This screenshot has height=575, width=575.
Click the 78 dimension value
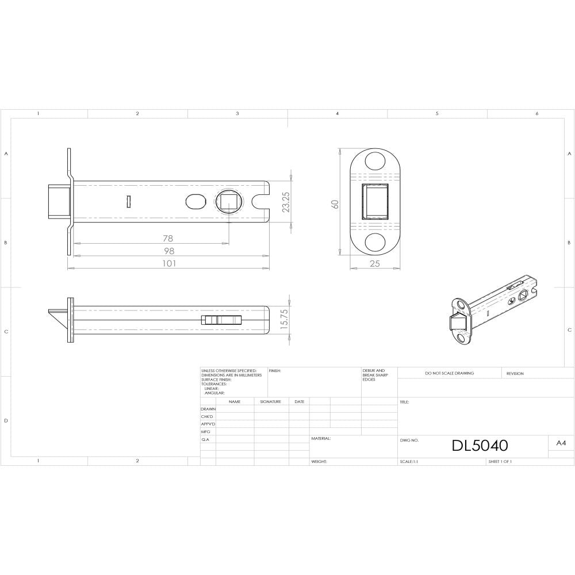pyautogui.click(x=168, y=238)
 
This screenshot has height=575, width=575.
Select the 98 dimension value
pyautogui.click(x=168, y=251)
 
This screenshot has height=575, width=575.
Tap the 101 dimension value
pyautogui.click(x=168, y=263)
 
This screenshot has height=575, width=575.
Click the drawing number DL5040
pyautogui.click(x=480, y=446)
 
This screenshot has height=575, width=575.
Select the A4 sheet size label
pyautogui.click(x=561, y=443)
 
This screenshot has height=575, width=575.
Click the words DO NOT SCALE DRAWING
pyautogui.click(x=450, y=373)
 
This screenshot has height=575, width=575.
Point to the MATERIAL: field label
pyautogui.click(x=321, y=438)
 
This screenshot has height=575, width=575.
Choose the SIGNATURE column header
pyautogui.click(x=270, y=401)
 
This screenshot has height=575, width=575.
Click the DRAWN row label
pyautogui.click(x=208, y=409)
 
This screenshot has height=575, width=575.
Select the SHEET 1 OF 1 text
pyautogui.click(x=500, y=462)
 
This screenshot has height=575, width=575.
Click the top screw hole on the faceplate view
pyautogui.click(x=375, y=160)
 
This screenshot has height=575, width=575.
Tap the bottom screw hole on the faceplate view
pyautogui.click(x=375, y=241)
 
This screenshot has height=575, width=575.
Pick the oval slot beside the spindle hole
pyautogui.click(x=196, y=202)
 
